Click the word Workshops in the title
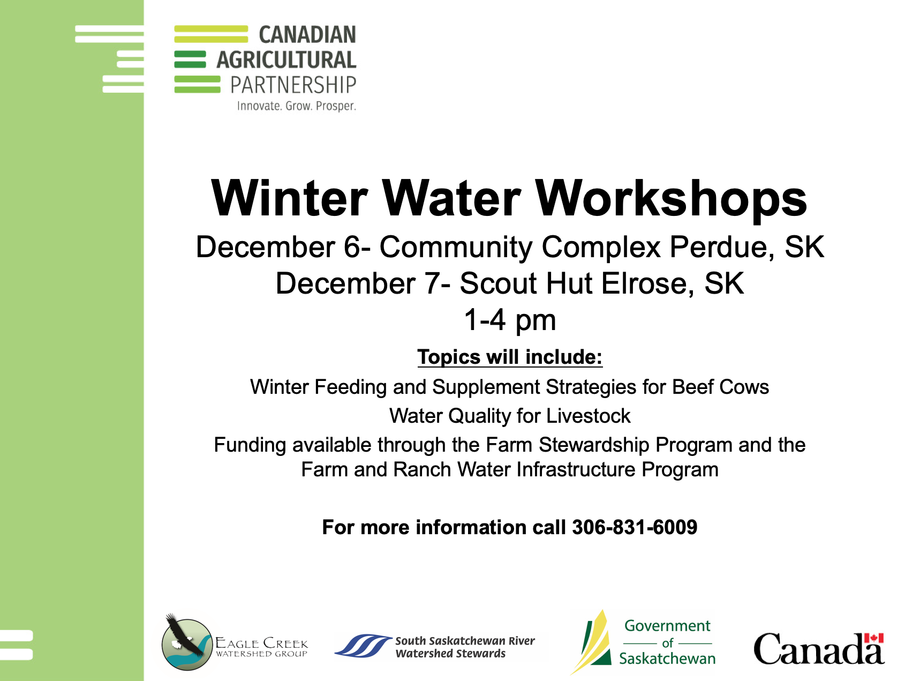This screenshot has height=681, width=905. (672, 198)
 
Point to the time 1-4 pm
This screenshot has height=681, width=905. (510, 320)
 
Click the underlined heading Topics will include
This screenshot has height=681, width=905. (510, 357)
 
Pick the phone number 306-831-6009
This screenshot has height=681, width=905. (635, 527)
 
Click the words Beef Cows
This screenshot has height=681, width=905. (720, 387)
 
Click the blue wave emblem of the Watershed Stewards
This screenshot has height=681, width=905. (363, 646)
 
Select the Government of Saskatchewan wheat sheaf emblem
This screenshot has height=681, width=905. (592, 641)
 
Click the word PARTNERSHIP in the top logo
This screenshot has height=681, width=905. (293, 85)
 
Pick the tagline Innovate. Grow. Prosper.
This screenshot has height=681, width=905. (297, 106)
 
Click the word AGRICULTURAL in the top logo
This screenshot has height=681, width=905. (286, 60)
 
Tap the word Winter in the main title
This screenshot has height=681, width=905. (290, 198)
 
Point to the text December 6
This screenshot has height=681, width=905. (278, 247)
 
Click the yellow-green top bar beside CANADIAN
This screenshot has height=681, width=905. (211, 34)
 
